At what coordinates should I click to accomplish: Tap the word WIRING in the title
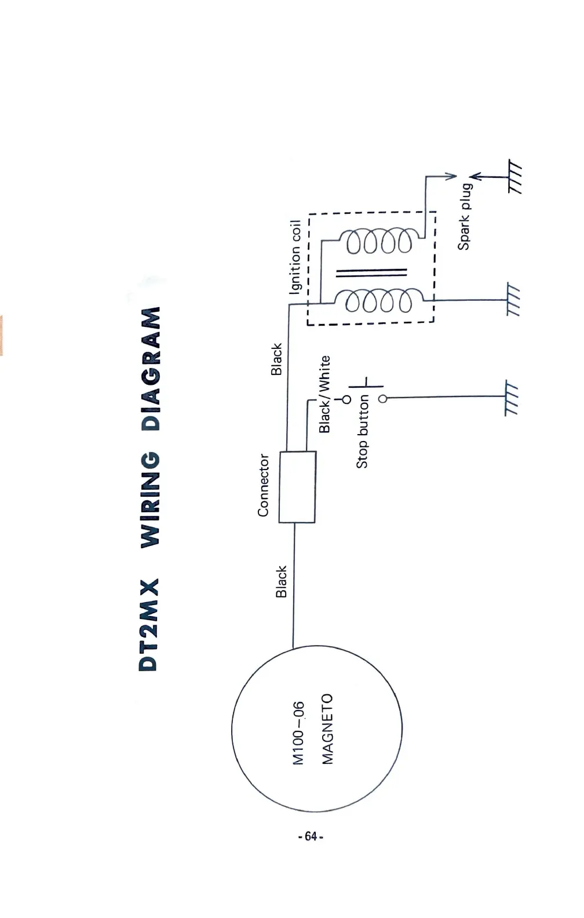(151, 500)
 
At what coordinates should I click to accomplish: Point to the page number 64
(310, 836)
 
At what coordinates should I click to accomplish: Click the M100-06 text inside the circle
(298, 733)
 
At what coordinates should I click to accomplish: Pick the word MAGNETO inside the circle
(327, 729)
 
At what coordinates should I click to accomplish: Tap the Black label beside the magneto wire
(281, 581)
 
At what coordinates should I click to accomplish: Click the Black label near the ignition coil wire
(277, 359)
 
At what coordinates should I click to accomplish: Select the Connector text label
(264, 485)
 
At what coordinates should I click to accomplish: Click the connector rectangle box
(297, 487)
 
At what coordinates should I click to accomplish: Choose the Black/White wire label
(324, 394)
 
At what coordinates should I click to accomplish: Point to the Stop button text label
(363, 431)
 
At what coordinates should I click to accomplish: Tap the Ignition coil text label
(295, 256)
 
